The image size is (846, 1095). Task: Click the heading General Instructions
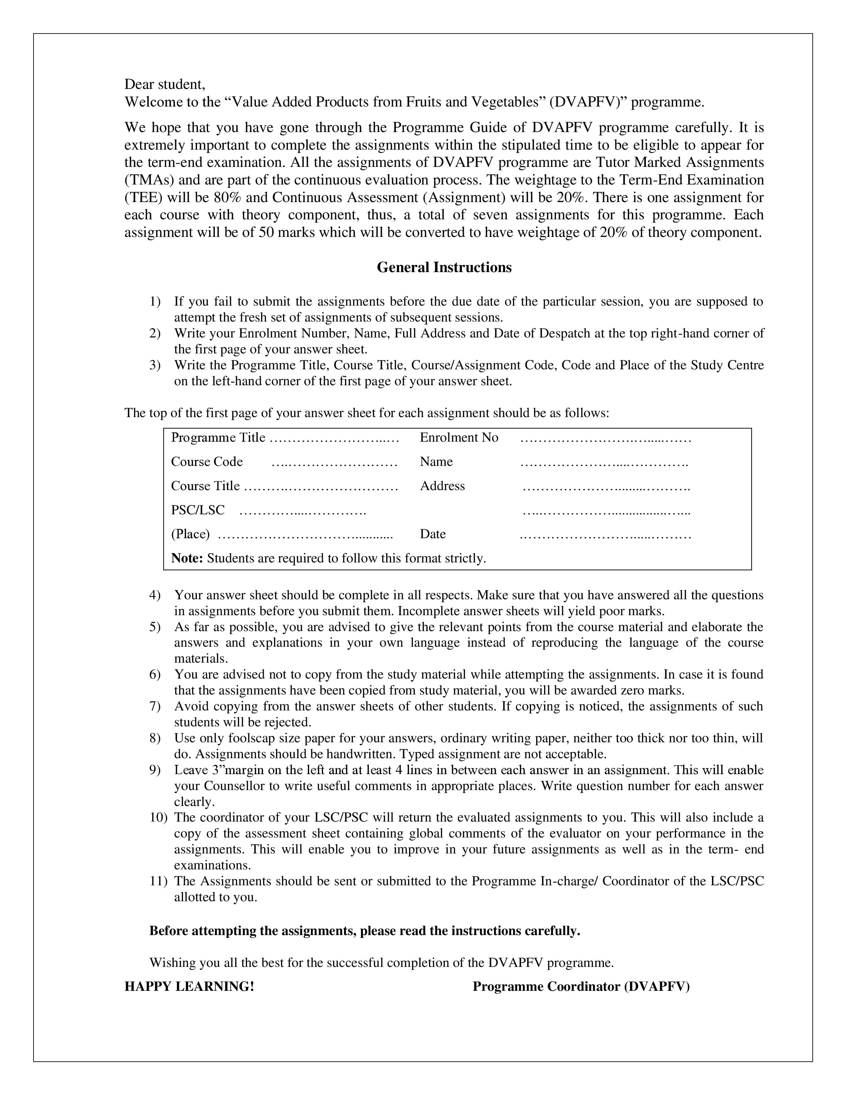(x=444, y=267)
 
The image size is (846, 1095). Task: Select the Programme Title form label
(x=218, y=438)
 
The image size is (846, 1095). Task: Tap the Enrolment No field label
(x=458, y=438)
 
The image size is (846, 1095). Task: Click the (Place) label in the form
(x=190, y=534)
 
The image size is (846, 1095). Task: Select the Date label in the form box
(x=433, y=534)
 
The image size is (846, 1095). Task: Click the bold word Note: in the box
(x=186, y=558)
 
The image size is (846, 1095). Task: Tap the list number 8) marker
(x=154, y=738)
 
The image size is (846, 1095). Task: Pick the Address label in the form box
(x=442, y=486)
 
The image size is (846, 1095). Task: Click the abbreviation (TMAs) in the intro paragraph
(x=149, y=180)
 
